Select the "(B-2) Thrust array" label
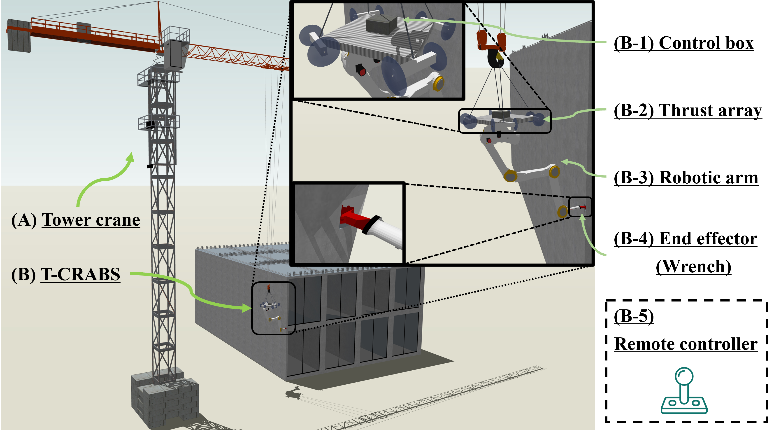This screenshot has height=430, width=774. tap(688, 111)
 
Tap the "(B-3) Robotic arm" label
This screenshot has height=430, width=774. tap(686, 178)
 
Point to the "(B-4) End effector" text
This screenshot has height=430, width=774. tap(685, 239)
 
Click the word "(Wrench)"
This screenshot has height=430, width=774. tap(693, 267)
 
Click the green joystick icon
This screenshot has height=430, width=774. tap(684, 391)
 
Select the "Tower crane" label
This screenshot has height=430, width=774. tap(91, 220)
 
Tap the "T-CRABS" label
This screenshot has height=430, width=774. tap(80, 275)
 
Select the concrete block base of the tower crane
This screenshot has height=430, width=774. tap(165, 397)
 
